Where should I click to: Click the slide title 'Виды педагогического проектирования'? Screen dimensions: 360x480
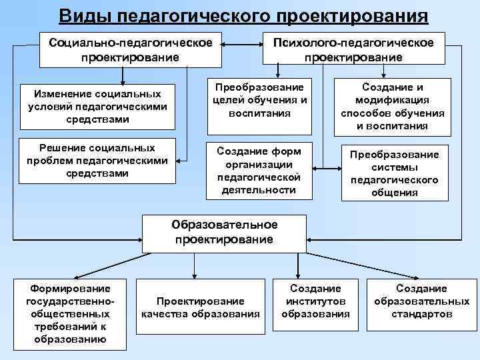pyautogui.click(x=243, y=15)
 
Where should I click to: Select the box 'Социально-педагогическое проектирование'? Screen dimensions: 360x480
pyautogui.click(x=130, y=50)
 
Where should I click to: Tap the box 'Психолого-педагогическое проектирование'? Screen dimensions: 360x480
pyautogui.click(x=353, y=50)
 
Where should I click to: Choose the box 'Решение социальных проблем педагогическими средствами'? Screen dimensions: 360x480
pyautogui.click(x=97, y=161)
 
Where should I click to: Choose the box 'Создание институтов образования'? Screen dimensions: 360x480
pyautogui.click(x=315, y=301)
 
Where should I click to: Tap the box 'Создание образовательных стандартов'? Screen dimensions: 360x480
pyautogui.click(x=421, y=301)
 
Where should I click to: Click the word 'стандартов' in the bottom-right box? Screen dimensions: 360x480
pyautogui.click(x=421, y=314)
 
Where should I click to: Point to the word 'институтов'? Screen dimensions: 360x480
pyautogui.click(x=315, y=301)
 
